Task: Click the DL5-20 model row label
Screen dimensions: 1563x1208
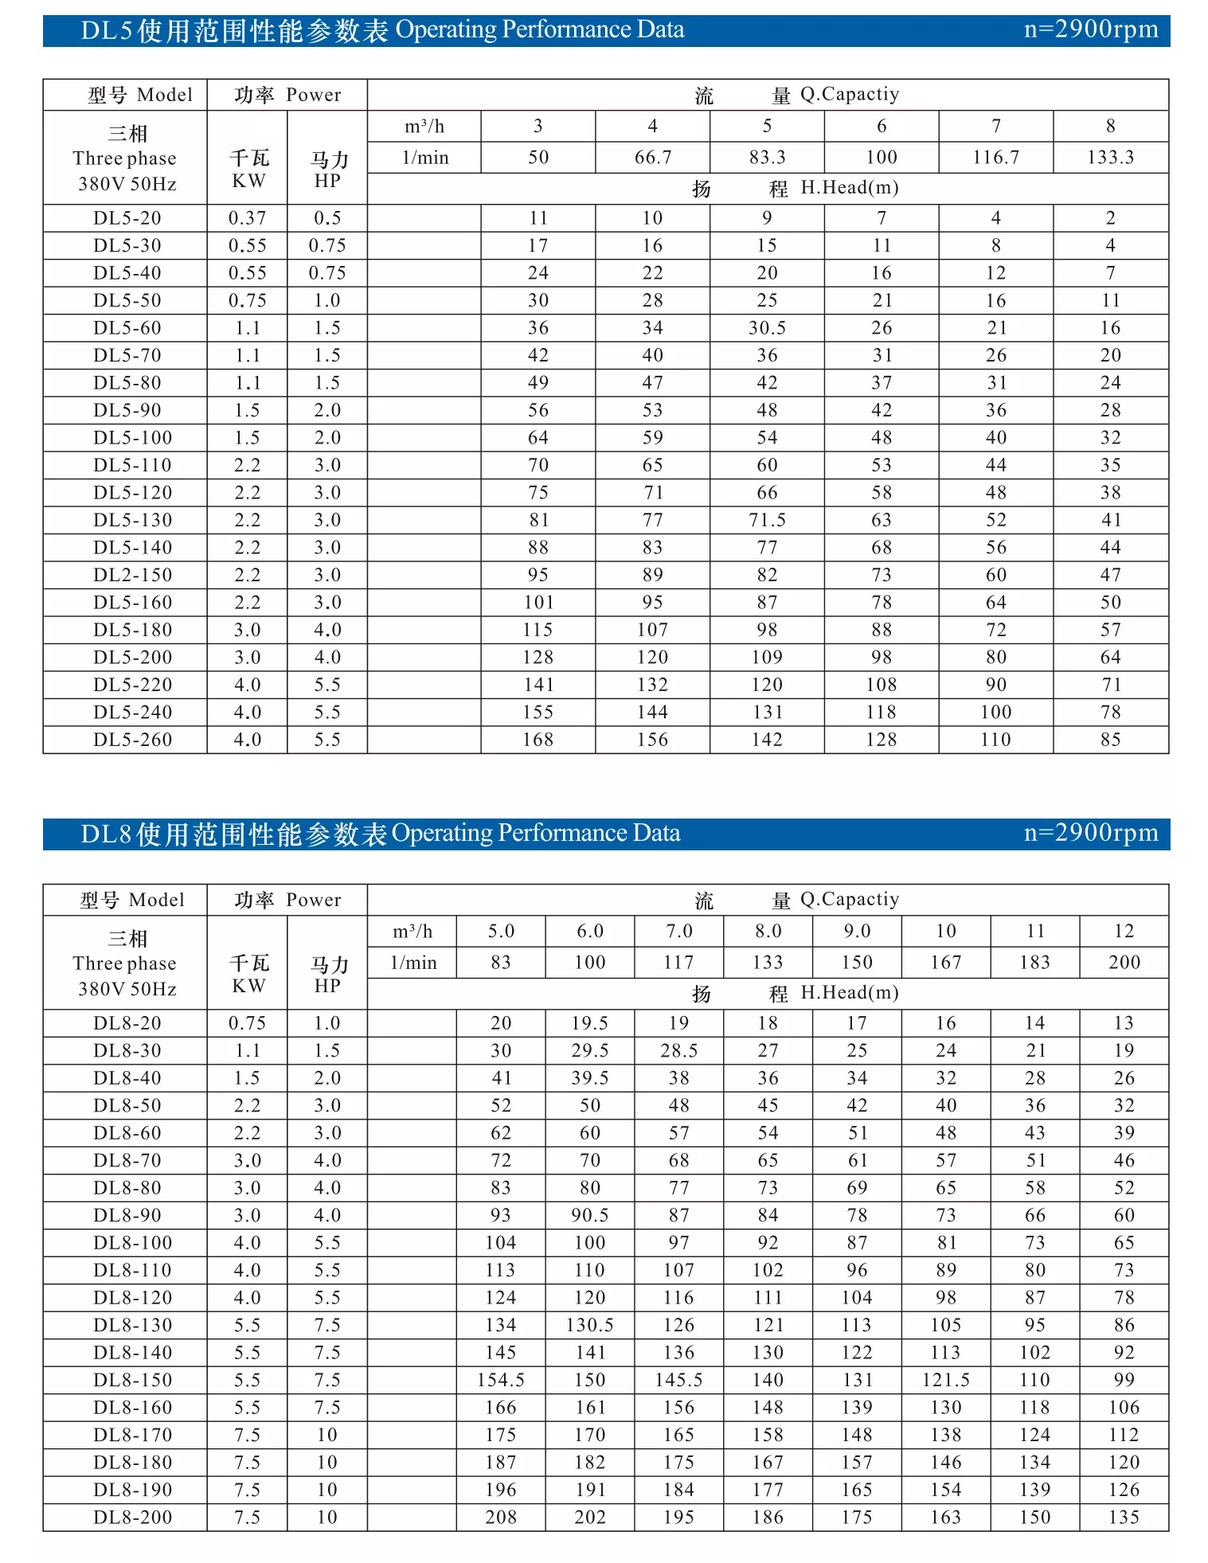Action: pos(127,218)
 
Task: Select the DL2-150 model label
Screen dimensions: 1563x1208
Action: pos(132,575)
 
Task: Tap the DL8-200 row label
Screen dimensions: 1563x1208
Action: pos(132,1517)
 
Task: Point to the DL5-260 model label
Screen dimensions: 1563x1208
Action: pos(132,740)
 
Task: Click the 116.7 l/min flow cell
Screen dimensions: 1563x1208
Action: pos(995,157)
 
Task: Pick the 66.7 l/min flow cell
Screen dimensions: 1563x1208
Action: pos(652,157)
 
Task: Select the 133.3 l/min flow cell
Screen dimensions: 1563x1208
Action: pos(1110,157)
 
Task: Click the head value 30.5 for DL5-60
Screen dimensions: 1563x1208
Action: pos(767,328)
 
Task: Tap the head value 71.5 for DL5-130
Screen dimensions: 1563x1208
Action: pos(767,520)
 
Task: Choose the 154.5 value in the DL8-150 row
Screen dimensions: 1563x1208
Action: pos(500,1380)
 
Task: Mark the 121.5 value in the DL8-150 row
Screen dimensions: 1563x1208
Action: pos(945,1380)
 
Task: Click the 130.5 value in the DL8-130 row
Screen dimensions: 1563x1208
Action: pos(589,1325)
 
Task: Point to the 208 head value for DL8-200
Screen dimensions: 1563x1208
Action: pos(500,1517)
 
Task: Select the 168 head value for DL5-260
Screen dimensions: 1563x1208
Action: pos(538,740)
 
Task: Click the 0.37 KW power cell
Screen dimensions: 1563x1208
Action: pos(247,218)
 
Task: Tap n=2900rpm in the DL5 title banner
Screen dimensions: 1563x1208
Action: pos(1090,29)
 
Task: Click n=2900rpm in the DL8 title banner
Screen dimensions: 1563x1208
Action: pos(1090,833)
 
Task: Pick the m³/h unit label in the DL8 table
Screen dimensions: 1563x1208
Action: pos(412,931)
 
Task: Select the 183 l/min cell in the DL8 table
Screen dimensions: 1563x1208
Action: pos(1034,963)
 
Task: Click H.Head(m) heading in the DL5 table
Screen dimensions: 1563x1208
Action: pos(849,188)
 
